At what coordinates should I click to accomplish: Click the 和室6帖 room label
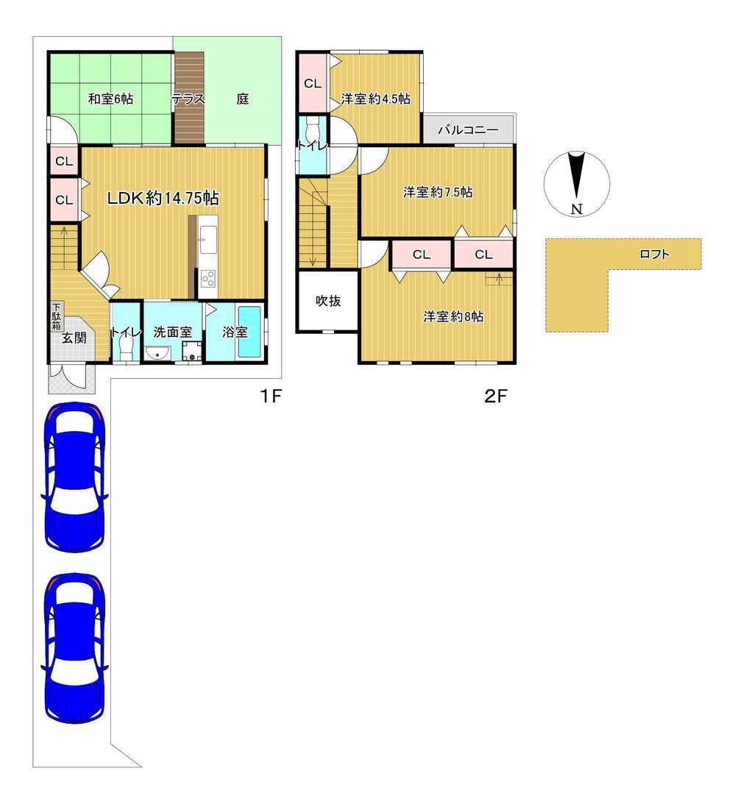point(110,99)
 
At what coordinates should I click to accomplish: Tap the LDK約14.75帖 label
point(163,197)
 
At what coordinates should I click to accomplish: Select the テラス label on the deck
point(188,99)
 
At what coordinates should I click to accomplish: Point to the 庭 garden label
point(243,99)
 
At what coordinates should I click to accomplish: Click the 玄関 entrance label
point(74,338)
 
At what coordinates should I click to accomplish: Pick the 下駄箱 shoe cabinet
point(57,317)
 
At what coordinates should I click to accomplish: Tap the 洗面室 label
point(173,332)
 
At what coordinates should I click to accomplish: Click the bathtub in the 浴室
point(250,332)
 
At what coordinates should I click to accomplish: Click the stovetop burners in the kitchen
point(208,279)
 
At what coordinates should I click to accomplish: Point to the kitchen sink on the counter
point(207,240)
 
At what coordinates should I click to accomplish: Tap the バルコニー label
point(468,129)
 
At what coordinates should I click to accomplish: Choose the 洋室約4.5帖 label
point(375,99)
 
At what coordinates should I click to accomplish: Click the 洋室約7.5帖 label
point(438,192)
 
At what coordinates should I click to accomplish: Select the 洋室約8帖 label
point(453,316)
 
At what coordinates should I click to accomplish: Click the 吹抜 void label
point(327,300)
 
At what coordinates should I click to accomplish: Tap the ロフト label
point(655,254)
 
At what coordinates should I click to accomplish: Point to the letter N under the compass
point(577,209)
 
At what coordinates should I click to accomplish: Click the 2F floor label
point(495,396)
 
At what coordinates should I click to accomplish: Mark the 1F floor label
point(271,396)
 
